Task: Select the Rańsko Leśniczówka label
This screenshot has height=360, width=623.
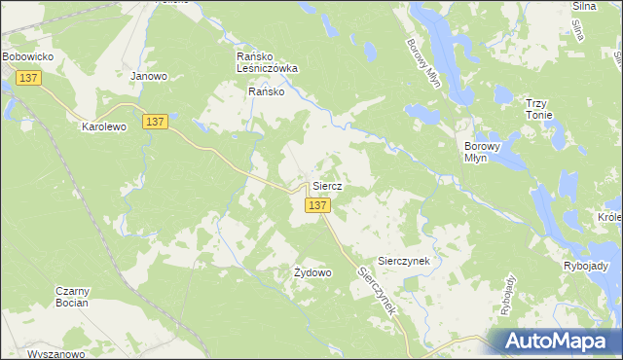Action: [267, 63]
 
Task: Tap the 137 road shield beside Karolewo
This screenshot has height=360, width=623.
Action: [155, 121]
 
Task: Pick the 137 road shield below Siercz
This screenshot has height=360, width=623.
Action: [318, 206]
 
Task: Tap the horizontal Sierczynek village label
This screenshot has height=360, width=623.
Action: [410, 247]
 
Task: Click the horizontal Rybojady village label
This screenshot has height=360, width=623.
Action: [586, 266]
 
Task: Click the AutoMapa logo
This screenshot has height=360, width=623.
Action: [555, 341]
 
